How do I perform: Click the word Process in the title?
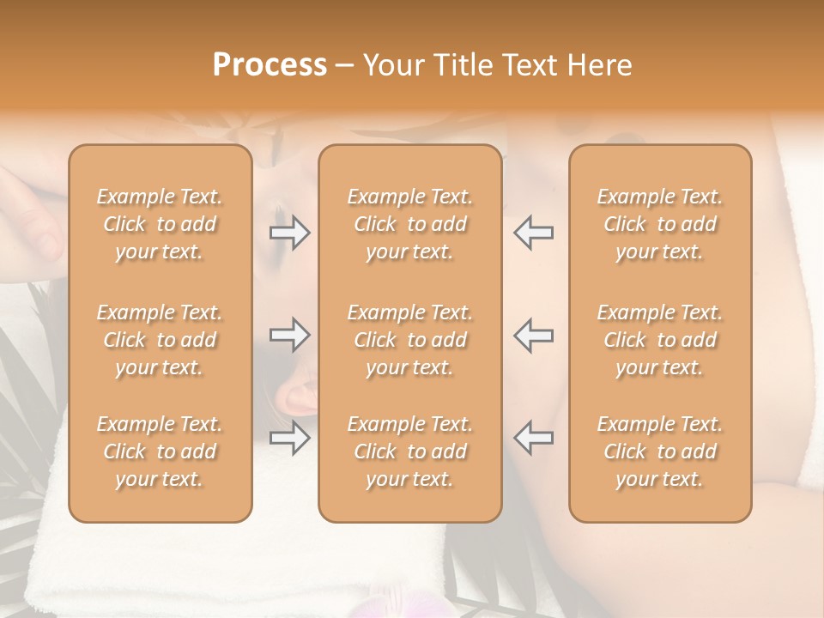270,65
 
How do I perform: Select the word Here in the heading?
599,65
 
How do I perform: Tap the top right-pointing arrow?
289,232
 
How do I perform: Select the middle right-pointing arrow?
289,335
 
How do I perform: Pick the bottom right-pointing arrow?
289,439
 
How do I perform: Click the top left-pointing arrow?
534,232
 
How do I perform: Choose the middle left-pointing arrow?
534,335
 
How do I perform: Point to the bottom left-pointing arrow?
534,437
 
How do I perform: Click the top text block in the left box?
160,224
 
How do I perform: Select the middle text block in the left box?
160,340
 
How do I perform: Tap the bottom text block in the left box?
160,451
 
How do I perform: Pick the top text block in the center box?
410,224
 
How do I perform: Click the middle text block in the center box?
410,340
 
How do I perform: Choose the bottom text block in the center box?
410,451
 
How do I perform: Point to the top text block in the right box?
660,224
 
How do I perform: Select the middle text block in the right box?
660,340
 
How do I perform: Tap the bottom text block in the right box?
660,451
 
